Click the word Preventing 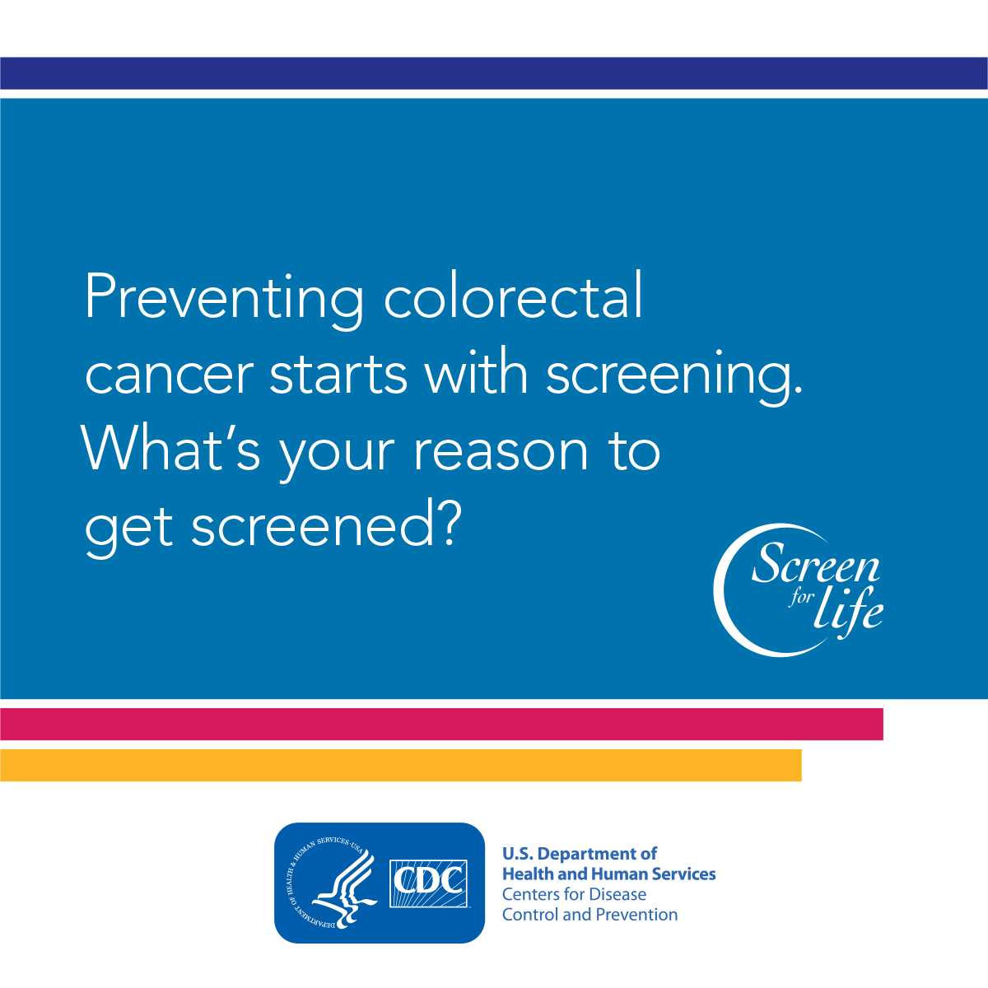click(224, 299)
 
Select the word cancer click(170, 375)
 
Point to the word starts click(338, 371)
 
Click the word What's click(170, 445)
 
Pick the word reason click(501, 452)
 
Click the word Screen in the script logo click(815, 565)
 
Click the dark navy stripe click(494, 73)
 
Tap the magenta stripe click(441, 724)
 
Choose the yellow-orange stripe click(400, 765)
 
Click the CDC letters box click(429, 883)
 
